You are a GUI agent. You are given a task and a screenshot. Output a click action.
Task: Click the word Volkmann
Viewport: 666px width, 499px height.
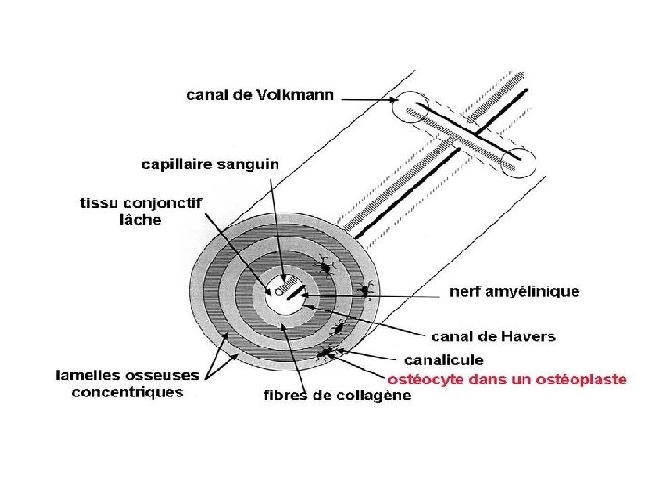pyautogui.click(x=294, y=93)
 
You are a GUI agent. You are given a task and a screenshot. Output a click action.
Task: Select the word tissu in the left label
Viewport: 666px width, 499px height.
pyautogui.click(x=101, y=202)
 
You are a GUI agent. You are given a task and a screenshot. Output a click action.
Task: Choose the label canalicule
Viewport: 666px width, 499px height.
pyautogui.click(x=444, y=359)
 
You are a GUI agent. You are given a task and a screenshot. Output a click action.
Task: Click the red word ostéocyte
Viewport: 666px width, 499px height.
pyautogui.click(x=426, y=379)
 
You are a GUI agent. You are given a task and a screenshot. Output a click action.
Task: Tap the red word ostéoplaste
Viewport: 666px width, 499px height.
pyautogui.click(x=582, y=379)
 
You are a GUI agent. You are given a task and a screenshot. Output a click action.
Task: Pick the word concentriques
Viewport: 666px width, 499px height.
pyautogui.click(x=129, y=393)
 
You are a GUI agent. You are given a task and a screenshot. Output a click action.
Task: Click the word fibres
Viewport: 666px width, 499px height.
pyautogui.click(x=288, y=396)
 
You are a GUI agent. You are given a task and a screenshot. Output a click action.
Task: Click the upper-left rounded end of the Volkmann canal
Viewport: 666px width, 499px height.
pyautogui.click(x=415, y=109)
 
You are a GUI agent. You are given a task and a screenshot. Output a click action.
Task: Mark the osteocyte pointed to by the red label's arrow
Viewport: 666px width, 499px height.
pyautogui.click(x=325, y=350)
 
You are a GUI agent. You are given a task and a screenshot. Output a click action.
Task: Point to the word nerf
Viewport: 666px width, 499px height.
pyautogui.click(x=467, y=291)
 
